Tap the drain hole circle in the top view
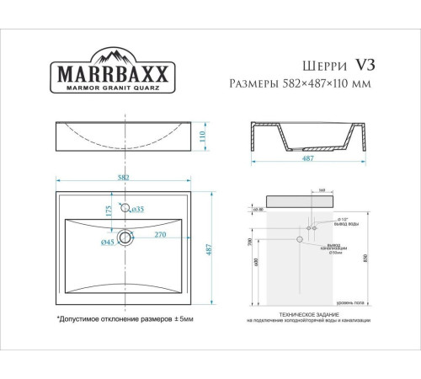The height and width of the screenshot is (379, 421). (x=125, y=237)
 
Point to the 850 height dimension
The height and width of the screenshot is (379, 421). (x=364, y=258)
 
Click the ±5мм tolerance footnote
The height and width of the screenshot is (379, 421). (x=125, y=320)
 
